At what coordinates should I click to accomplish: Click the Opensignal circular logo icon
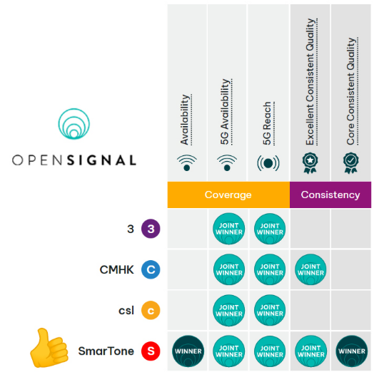(74, 124)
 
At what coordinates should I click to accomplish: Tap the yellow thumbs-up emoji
(49, 348)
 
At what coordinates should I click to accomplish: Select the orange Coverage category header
(228, 195)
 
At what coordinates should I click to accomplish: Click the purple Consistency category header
(330, 195)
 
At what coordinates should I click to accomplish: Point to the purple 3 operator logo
(151, 229)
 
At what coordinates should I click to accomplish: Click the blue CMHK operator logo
(151, 269)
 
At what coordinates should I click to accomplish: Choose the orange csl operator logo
(151, 310)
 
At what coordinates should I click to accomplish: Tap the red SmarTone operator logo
(151, 351)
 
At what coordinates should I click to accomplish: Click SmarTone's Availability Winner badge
(188, 351)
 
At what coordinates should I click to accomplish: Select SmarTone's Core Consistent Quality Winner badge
(352, 351)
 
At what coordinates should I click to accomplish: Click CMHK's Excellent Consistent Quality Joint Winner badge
(310, 269)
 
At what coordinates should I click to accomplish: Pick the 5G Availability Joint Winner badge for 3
(229, 229)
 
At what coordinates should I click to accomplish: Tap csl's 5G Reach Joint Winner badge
(270, 310)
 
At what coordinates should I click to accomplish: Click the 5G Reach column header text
(268, 123)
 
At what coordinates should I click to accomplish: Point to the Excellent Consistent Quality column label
(311, 82)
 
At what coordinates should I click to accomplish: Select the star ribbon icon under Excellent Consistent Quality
(310, 162)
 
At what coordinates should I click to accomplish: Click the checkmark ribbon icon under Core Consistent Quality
(351, 162)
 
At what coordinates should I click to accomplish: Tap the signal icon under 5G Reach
(268, 163)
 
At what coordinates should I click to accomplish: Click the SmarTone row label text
(106, 351)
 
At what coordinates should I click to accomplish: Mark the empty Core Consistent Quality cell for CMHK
(351, 269)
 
